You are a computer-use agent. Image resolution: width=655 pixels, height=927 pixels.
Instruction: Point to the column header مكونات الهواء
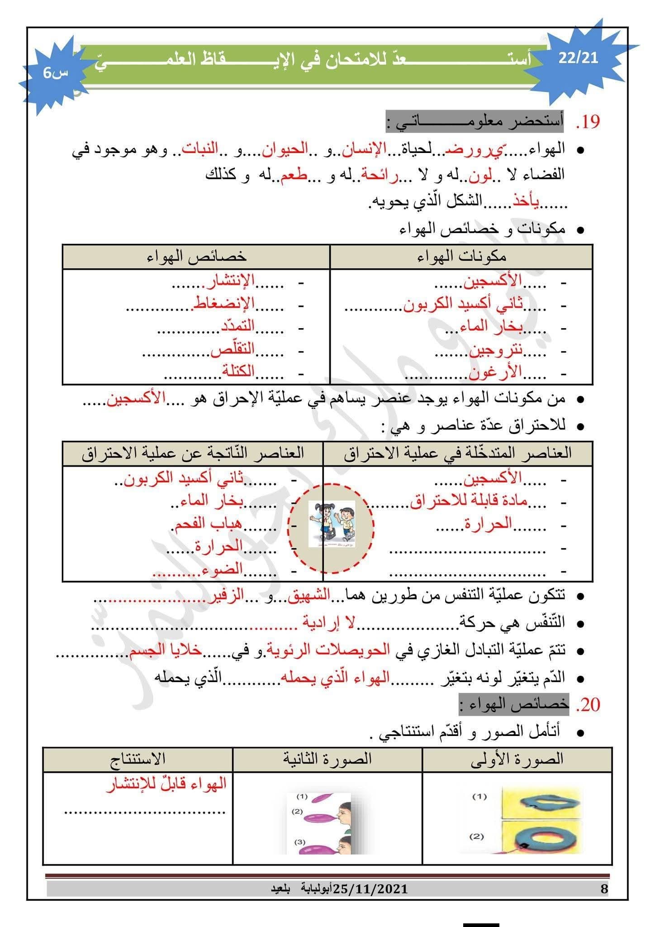pyautogui.click(x=461, y=257)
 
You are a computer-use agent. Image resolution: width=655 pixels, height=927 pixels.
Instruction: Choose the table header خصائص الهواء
pyautogui.click(x=197, y=257)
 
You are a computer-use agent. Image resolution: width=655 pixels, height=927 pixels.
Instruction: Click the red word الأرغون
pyautogui.click(x=495, y=373)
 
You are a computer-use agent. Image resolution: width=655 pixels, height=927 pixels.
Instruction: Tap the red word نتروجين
pyautogui.click(x=495, y=350)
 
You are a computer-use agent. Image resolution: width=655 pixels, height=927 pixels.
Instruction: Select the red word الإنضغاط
pyautogui.click(x=224, y=303)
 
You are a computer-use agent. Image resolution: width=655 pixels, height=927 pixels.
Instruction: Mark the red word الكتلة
pyautogui.click(x=237, y=372)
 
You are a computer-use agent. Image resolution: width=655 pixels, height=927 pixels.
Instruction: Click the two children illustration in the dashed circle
pyautogui.click(x=332, y=524)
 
